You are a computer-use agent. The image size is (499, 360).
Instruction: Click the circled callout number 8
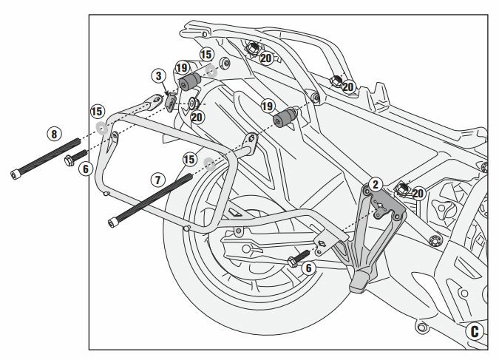click(x=52, y=134)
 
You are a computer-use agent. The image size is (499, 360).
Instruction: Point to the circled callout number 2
click(x=376, y=183)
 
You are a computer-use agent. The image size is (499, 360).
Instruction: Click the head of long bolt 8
click(x=16, y=174)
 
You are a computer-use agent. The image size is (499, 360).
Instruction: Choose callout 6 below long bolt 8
click(x=85, y=169)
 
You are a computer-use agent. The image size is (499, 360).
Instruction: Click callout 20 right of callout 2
click(x=419, y=193)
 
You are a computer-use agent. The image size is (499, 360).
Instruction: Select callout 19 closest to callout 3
click(x=182, y=69)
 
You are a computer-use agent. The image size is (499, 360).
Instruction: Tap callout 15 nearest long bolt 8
click(x=97, y=112)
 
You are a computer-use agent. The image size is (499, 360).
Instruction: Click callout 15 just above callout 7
click(x=189, y=159)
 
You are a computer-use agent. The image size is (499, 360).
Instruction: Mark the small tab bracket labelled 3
click(x=171, y=100)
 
